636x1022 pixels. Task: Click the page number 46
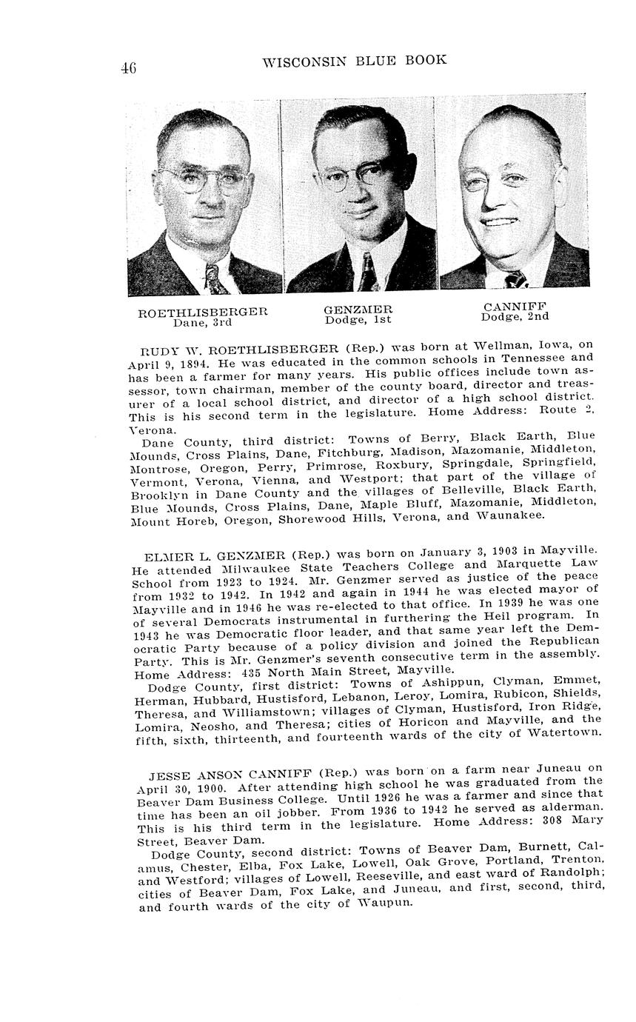pos(127,69)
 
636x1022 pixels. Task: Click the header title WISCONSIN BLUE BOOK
pos(355,61)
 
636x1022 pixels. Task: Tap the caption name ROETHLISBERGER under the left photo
pos(202,312)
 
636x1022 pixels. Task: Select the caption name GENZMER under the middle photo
pos(358,310)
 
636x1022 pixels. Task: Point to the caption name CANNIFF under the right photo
pos(515,307)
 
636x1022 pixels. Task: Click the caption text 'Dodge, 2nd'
pos(515,317)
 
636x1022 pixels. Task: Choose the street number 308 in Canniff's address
pos(547,821)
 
